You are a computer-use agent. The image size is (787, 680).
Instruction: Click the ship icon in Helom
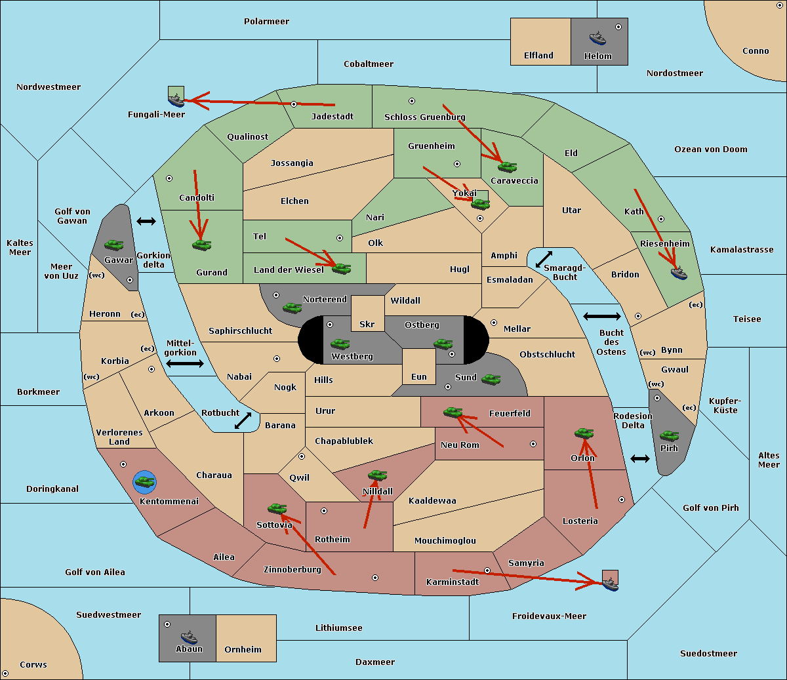597,38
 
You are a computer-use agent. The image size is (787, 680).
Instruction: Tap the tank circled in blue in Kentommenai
145,482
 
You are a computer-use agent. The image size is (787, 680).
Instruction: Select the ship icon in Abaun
189,637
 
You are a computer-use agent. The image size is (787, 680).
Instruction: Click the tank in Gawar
114,245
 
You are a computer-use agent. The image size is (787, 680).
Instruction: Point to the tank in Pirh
669,435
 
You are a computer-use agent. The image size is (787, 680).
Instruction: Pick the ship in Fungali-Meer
176,100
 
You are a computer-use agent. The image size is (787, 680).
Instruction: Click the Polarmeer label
266,22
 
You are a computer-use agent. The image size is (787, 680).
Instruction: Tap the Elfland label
538,56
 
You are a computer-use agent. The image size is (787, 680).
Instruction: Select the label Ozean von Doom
711,150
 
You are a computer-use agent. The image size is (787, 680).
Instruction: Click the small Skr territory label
367,324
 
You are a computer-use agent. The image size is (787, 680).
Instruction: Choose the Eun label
419,376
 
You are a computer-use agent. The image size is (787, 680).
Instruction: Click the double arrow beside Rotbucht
243,420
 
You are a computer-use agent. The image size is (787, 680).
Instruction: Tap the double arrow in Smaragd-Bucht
544,259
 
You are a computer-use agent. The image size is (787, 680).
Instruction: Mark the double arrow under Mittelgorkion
185,363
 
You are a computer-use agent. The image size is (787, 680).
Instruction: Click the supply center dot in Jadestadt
294,104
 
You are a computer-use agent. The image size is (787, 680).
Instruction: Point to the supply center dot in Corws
5,673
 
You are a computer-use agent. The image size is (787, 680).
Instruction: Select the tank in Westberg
340,344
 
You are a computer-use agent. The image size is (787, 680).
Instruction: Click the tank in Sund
491,379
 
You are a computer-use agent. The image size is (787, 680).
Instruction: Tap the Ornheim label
243,650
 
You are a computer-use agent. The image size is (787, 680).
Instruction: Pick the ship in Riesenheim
679,273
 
